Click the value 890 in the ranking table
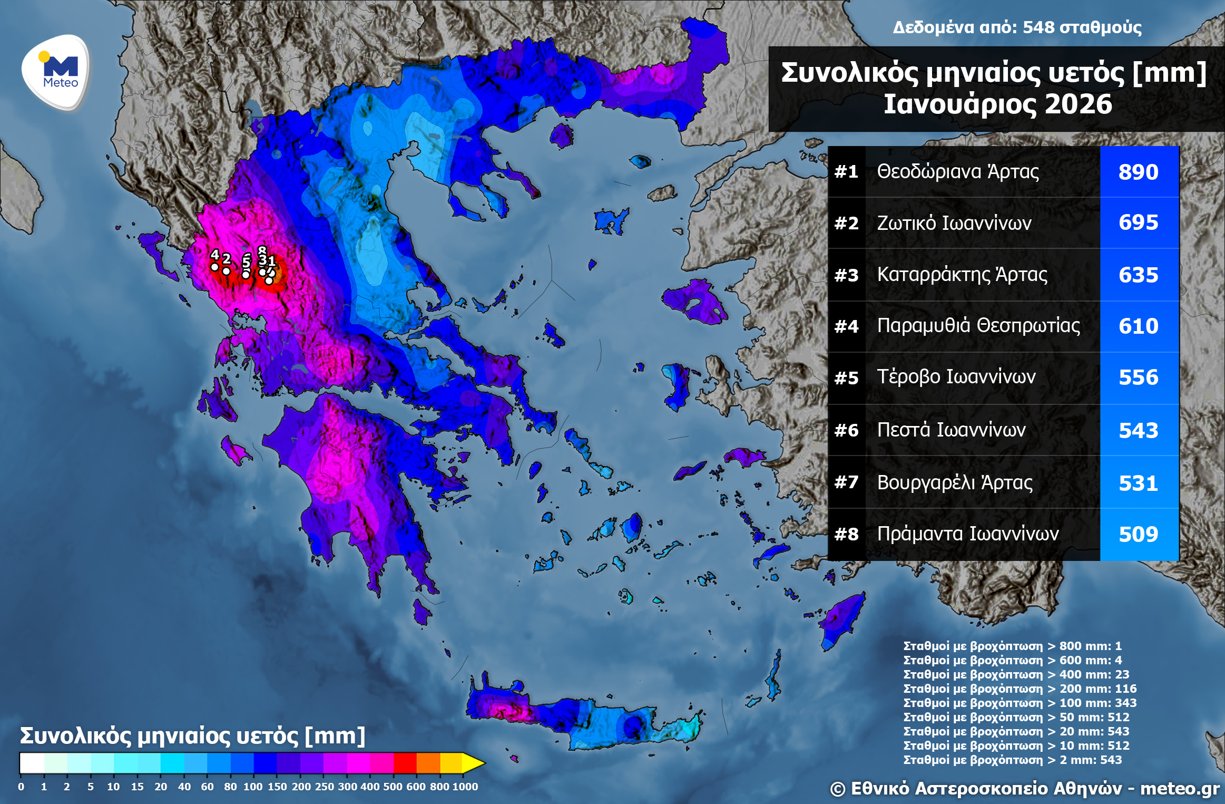[x=1138, y=172]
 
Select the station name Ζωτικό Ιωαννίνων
[x=954, y=223]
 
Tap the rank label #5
[x=846, y=378]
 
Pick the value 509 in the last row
[x=1138, y=535]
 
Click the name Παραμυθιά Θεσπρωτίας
[x=978, y=326]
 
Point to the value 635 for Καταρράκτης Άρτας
[x=1138, y=275]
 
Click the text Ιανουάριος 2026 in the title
[x=997, y=104]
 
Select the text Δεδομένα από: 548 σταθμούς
[x=1017, y=27]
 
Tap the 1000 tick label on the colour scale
[x=465, y=787]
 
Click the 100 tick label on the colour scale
[x=253, y=787]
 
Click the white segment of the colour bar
[x=32, y=763]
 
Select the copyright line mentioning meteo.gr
[x=1024, y=789]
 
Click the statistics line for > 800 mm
[x=1012, y=646]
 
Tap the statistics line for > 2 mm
[x=1012, y=760]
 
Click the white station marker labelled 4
[x=214, y=267]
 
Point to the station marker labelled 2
[x=226, y=271]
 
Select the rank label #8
[x=846, y=535]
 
